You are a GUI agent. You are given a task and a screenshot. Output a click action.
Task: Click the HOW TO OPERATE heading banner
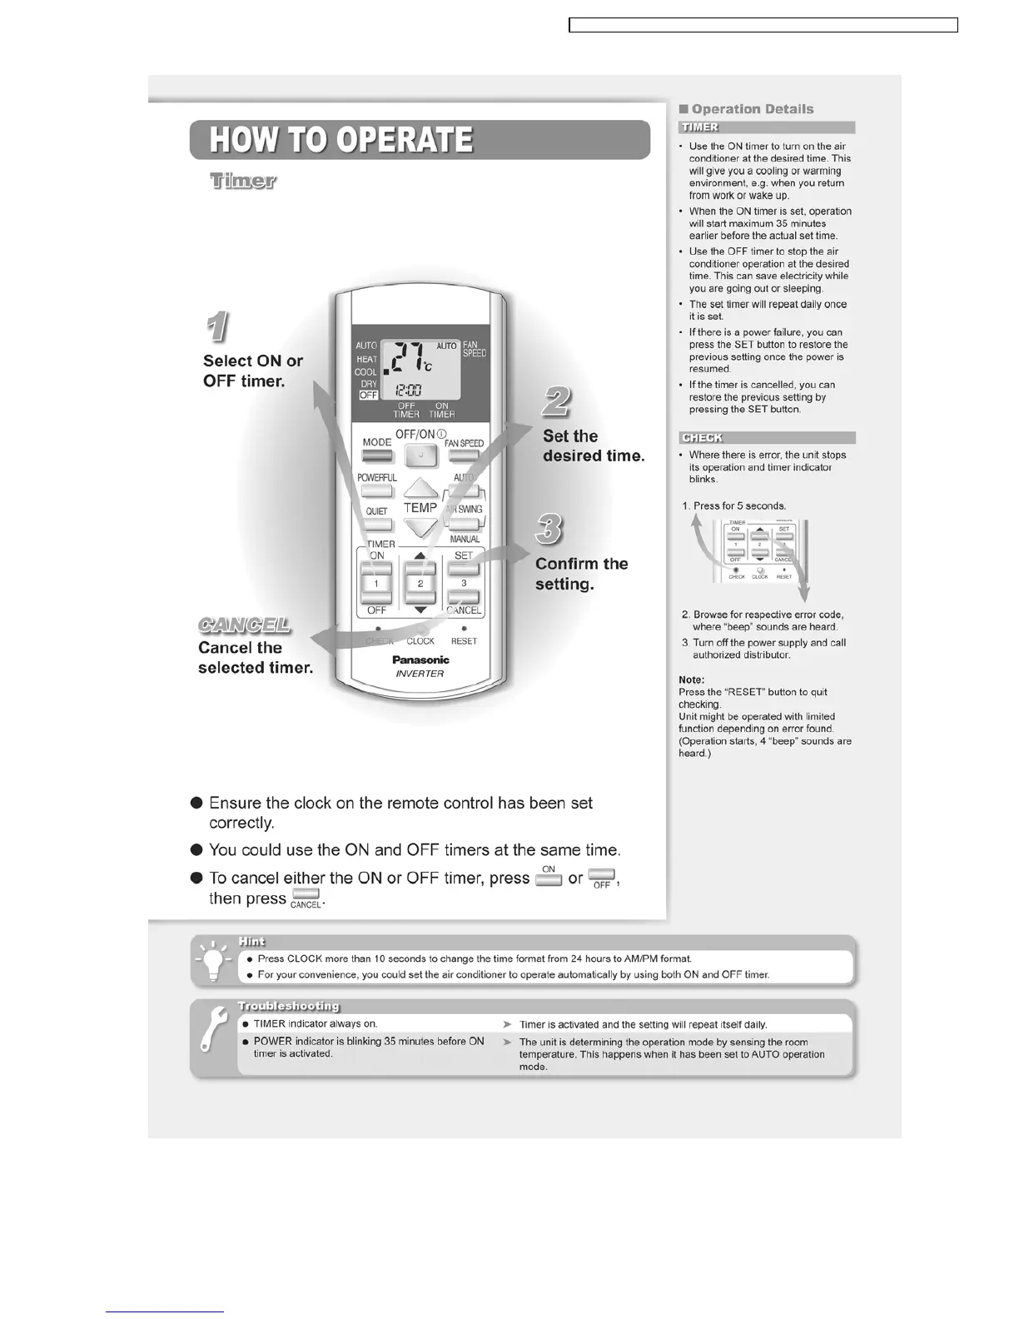[420, 140]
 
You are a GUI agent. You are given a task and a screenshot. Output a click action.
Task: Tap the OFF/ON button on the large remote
[420, 455]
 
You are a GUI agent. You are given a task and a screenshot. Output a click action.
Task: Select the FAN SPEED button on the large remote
[464, 456]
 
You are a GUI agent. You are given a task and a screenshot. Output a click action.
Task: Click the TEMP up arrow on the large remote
[421, 489]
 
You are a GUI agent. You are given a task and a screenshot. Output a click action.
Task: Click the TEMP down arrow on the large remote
[421, 526]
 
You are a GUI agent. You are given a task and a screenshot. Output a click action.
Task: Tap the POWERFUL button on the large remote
[376, 490]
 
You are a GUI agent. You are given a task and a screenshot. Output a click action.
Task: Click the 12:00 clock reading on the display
[407, 389]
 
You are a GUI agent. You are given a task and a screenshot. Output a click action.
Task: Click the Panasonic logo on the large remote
[420, 659]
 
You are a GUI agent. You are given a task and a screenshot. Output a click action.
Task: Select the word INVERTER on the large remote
[420, 674]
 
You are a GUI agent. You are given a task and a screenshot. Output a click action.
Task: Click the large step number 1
[217, 327]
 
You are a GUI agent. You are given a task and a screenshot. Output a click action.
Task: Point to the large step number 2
[555, 402]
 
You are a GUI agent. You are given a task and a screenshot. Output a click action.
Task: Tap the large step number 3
[549, 529]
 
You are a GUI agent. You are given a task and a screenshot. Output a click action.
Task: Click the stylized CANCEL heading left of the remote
[245, 625]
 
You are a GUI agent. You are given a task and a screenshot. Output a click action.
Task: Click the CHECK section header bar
[767, 438]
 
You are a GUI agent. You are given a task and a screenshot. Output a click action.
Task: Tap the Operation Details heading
[746, 109]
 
